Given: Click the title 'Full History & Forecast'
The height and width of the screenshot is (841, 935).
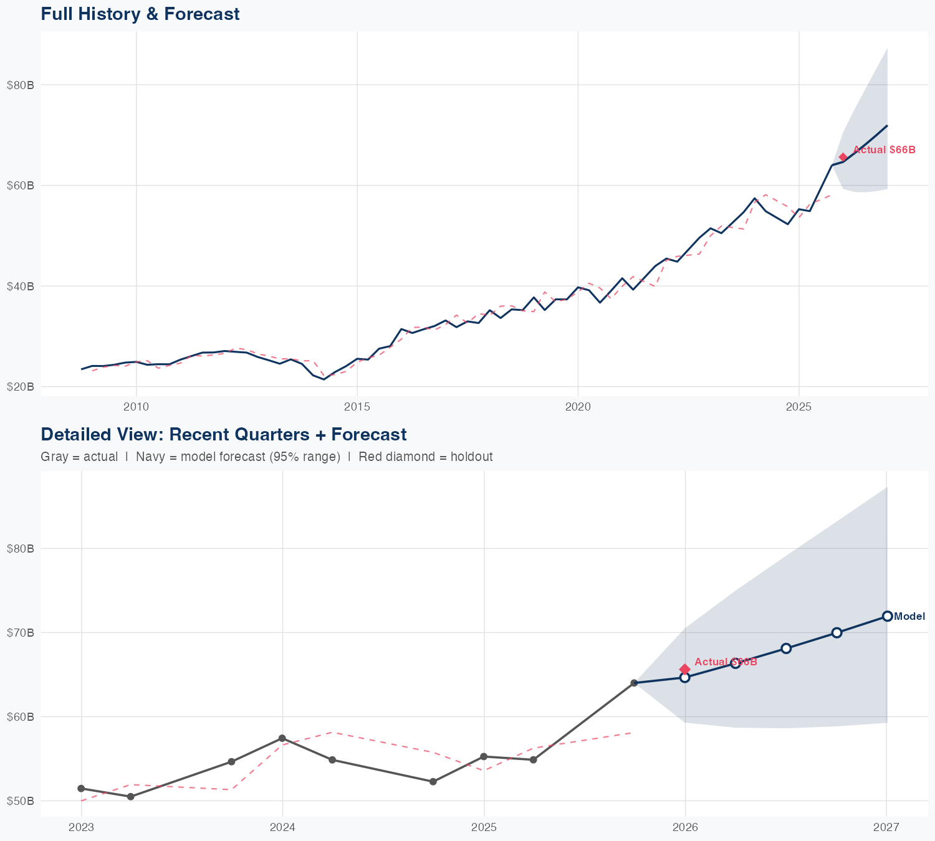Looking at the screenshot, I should (x=140, y=14).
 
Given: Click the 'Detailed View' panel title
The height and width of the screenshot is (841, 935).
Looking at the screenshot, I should (x=223, y=434).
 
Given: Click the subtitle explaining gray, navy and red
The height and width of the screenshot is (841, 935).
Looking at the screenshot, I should (x=266, y=457).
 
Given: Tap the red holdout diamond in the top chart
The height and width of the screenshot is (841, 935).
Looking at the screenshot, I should (x=843, y=158).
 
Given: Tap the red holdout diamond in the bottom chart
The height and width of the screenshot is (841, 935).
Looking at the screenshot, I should (x=684, y=669).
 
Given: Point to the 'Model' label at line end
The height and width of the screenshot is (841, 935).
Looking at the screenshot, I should (x=909, y=617).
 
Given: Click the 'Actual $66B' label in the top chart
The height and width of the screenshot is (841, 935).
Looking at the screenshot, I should (x=884, y=150).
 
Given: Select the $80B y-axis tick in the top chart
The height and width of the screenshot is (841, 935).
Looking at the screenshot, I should (x=20, y=85).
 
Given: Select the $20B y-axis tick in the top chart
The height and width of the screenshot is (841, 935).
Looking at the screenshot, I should (x=20, y=387).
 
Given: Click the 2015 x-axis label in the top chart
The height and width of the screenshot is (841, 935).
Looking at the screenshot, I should (x=357, y=407).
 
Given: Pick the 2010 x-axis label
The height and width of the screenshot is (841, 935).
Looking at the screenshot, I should (x=137, y=407).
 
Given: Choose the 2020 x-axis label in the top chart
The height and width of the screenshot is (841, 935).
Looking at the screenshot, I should (x=578, y=407).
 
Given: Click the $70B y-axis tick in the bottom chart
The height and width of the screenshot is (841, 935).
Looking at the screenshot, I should (x=20, y=633).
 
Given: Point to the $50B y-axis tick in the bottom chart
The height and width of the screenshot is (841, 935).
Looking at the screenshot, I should (x=20, y=801).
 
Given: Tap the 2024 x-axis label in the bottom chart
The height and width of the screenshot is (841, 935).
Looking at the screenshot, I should (x=282, y=827).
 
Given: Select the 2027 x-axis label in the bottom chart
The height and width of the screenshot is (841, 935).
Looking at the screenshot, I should (x=886, y=827).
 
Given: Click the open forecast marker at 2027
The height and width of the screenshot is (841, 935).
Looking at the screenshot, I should (x=887, y=616).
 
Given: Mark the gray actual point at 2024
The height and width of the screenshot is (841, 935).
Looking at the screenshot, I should (x=282, y=738).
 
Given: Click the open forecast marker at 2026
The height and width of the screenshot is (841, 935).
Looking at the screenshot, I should (x=684, y=678).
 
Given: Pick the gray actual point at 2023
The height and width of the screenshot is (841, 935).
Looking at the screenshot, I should (x=81, y=789).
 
